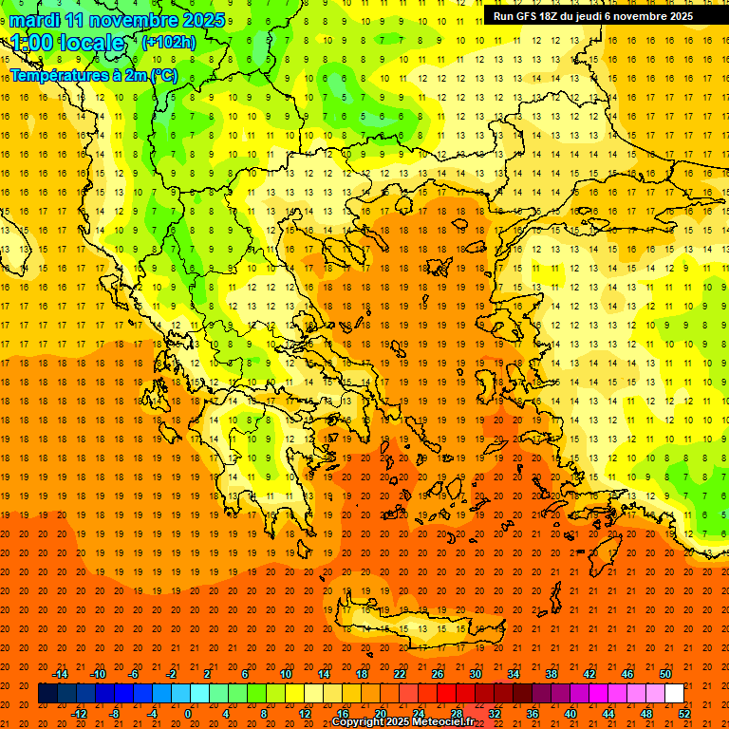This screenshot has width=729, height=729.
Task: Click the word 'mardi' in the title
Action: coord(34,20)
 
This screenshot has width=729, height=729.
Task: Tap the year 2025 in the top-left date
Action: coord(202,20)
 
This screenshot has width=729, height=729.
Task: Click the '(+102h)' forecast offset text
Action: coord(169,42)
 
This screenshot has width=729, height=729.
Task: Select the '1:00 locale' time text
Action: coord(67,43)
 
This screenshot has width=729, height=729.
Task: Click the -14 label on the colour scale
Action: coord(60,674)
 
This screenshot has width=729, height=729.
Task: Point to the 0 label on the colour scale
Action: coord(187,714)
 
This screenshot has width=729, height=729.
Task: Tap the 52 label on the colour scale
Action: coord(683,714)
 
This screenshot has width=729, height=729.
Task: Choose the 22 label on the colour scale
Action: coord(400,674)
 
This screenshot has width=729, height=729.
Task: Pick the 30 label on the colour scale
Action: coord(475,674)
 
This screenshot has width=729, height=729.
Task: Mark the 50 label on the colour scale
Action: coord(664,674)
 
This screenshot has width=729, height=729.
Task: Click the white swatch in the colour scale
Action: coord(674,694)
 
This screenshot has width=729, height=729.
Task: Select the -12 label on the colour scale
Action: coord(80,714)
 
